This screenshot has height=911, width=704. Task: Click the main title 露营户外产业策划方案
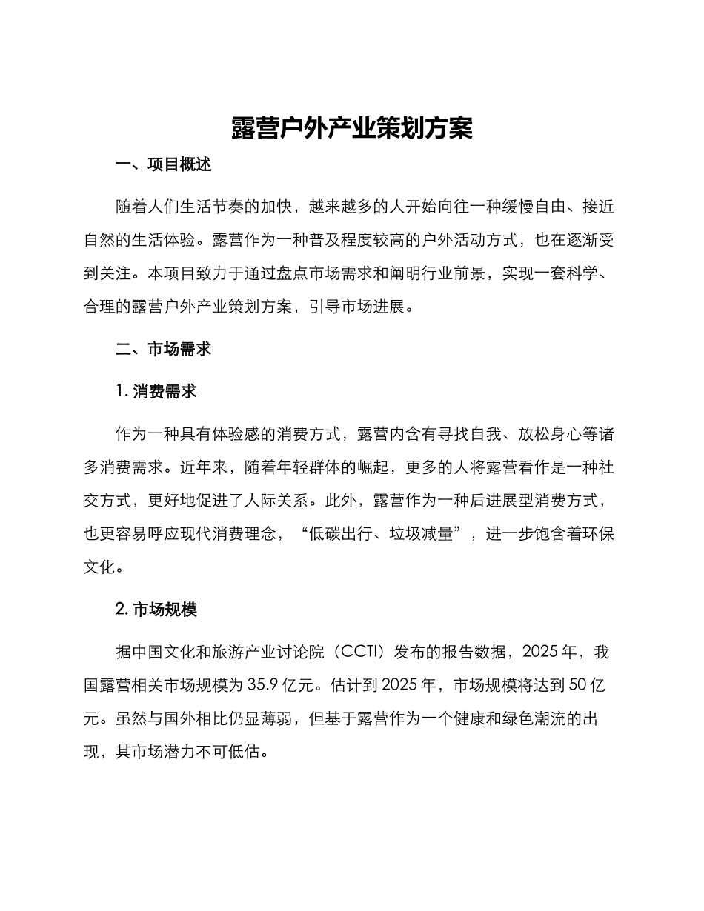(x=351, y=128)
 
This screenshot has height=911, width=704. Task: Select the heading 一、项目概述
(x=164, y=165)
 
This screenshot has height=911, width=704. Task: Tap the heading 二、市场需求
(x=164, y=349)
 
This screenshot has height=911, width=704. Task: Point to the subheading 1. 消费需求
(x=156, y=392)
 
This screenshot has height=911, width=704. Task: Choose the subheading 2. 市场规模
(x=156, y=610)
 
